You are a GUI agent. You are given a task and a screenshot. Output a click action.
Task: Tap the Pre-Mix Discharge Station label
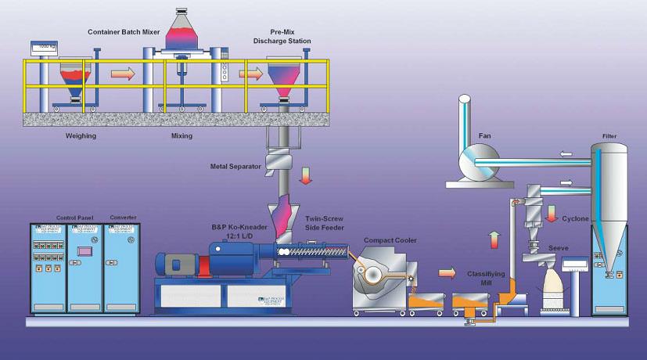[288, 38]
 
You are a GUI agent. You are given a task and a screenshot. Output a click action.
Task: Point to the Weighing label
[80, 135]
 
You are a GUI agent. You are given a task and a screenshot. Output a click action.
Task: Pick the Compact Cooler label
[390, 240]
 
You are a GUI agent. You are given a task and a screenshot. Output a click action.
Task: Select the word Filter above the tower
[609, 136]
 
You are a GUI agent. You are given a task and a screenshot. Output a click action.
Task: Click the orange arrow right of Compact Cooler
[446, 273]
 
